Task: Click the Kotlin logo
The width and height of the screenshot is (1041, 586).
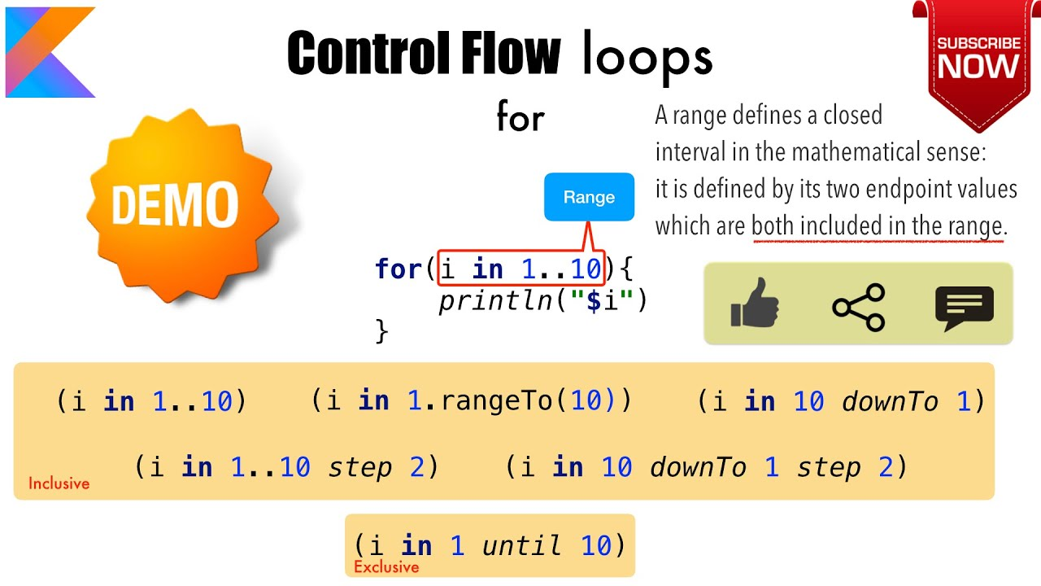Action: (49, 52)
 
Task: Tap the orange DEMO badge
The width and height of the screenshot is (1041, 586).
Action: (174, 203)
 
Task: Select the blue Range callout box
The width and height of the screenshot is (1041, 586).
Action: (589, 197)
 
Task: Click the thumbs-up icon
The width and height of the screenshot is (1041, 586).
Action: (754, 304)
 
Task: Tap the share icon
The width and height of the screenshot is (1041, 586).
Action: (858, 306)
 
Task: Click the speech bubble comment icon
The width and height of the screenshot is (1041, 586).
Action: (964, 308)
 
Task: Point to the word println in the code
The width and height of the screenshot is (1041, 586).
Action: (495, 301)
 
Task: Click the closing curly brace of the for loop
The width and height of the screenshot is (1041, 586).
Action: (381, 331)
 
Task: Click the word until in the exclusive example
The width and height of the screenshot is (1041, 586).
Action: (522, 545)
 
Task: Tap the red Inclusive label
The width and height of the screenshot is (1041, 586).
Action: (59, 483)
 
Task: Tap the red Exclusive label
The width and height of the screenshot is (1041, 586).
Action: (386, 567)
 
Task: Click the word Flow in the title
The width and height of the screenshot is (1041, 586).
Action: (509, 54)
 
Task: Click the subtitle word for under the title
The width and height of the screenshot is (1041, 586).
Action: (520, 119)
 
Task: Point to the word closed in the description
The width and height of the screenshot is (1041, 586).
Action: (852, 116)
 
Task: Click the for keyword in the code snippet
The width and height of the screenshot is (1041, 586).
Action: (397, 269)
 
